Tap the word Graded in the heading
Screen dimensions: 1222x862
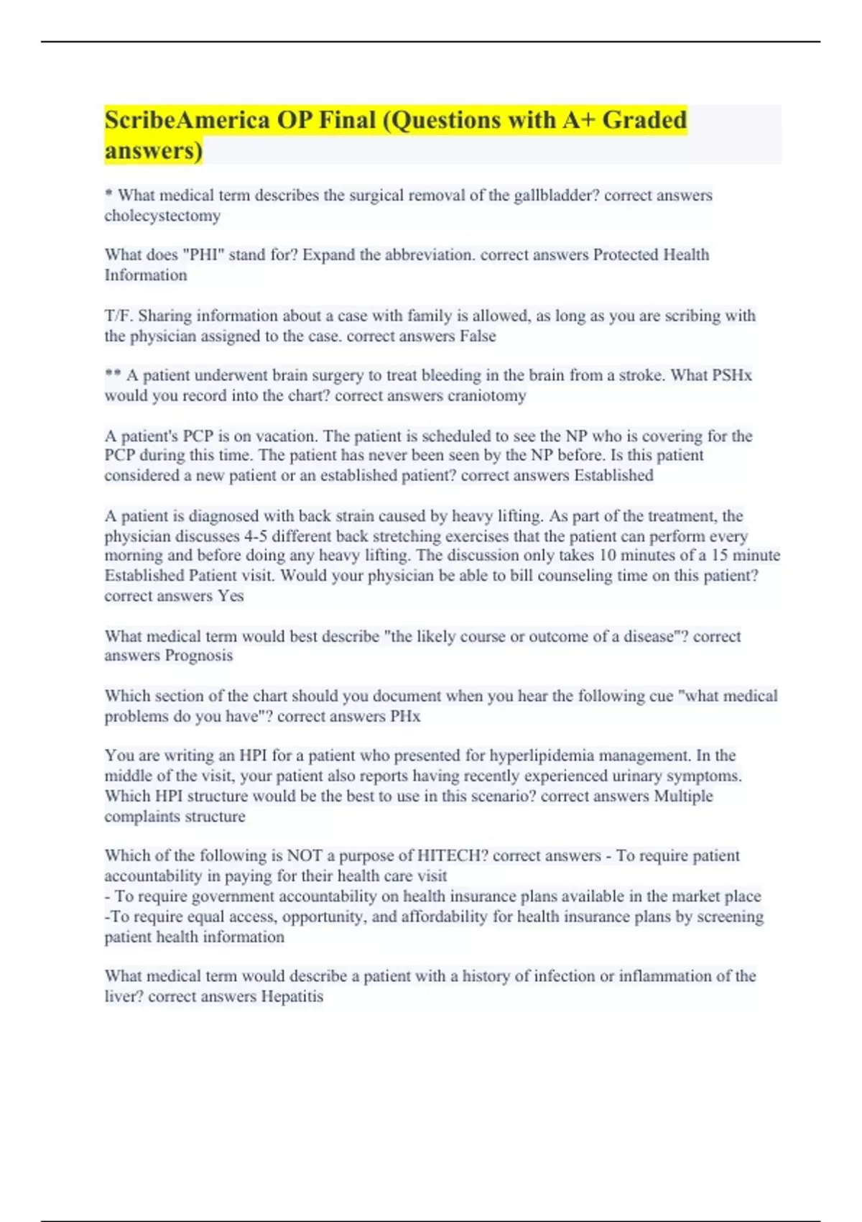[644, 120]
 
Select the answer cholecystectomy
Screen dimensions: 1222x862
[162, 216]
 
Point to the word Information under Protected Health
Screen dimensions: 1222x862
[146, 275]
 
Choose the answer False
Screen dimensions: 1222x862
[478, 336]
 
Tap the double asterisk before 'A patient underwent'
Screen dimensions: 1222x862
[113, 375]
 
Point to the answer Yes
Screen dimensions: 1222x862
[231, 596]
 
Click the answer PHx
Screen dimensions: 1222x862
[405, 717]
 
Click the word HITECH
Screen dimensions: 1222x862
[443, 856]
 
